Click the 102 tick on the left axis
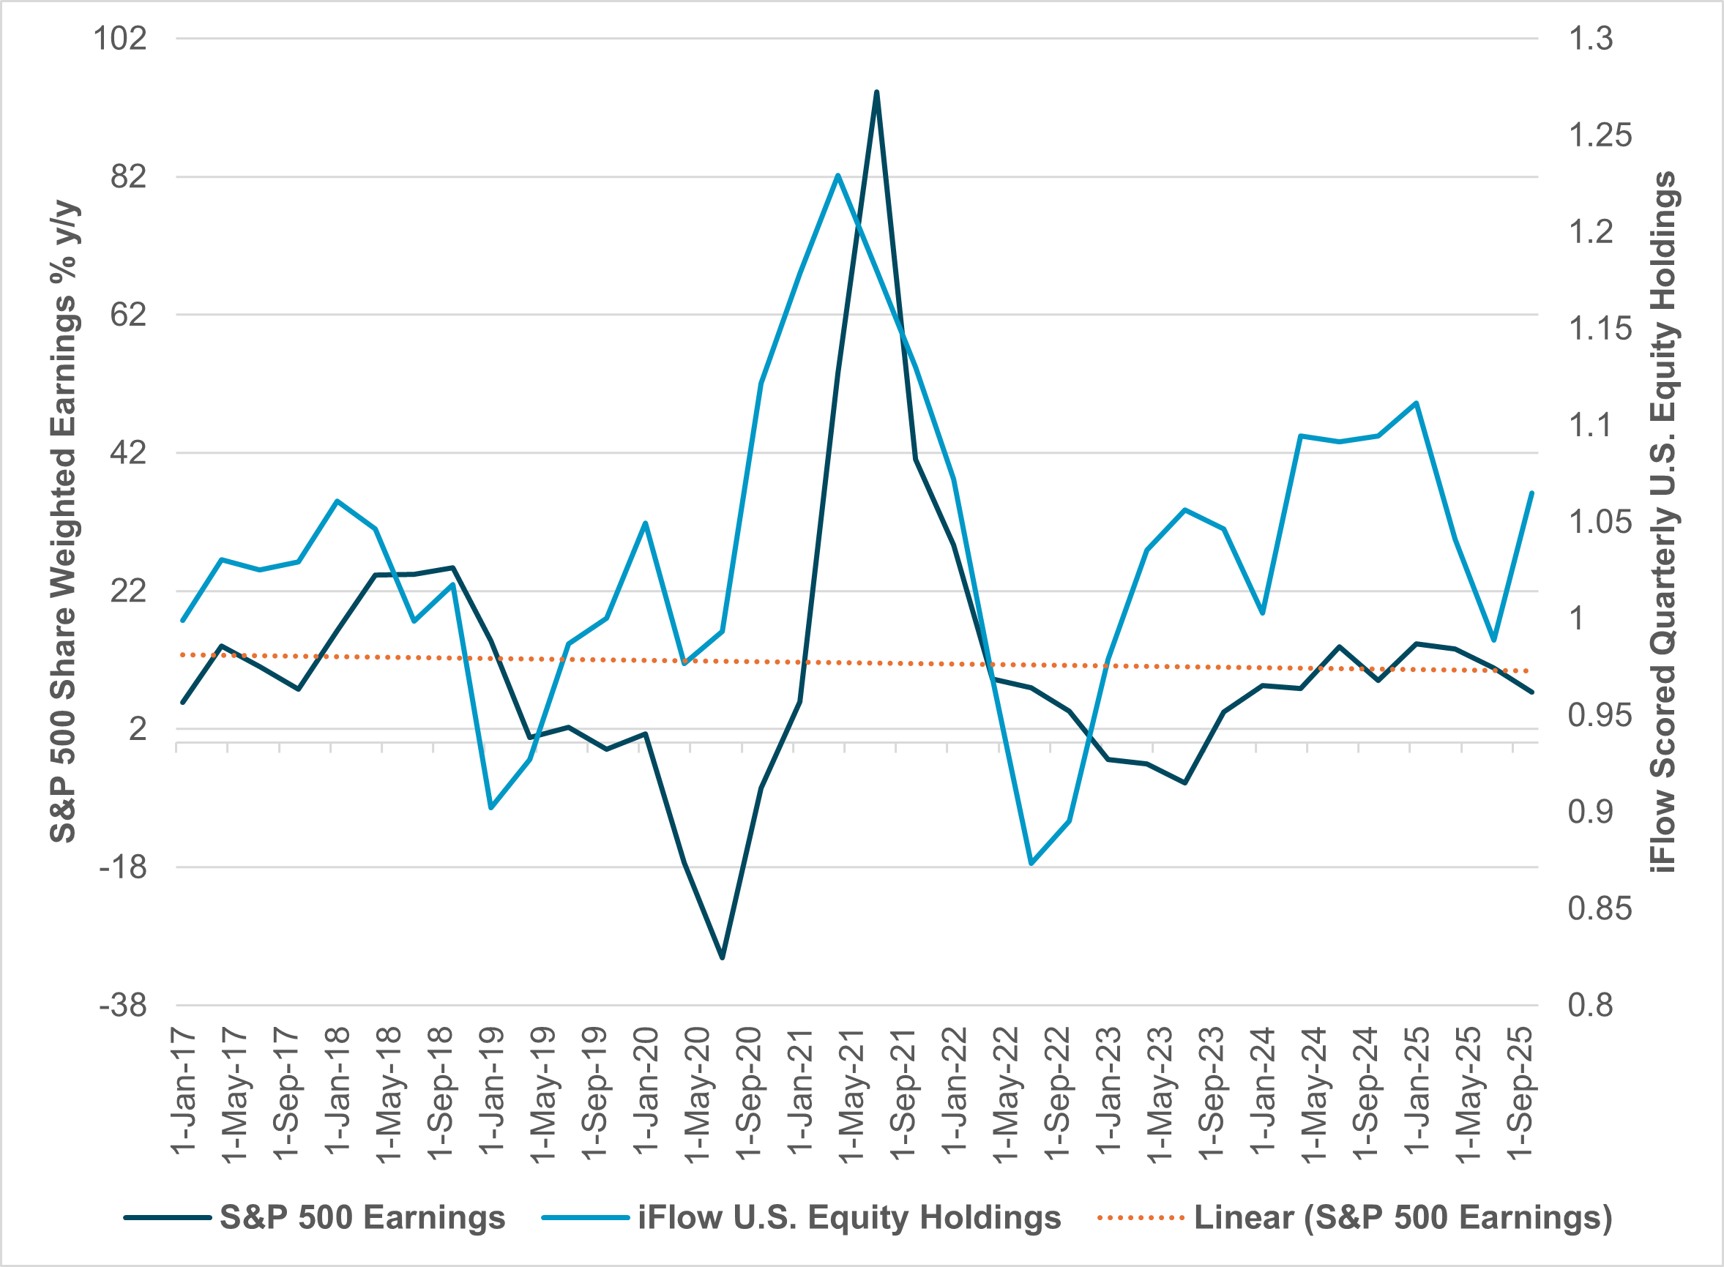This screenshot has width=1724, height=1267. point(119,38)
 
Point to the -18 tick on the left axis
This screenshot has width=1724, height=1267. point(123,867)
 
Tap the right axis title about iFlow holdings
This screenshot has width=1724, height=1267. point(1664,522)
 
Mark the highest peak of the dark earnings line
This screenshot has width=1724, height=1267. point(876,92)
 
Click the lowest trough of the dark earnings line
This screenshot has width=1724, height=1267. point(722,958)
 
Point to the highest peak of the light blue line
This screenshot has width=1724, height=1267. point(838,175)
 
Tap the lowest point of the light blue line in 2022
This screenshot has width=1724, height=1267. point(1031,864)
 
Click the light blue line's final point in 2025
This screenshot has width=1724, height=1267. point(1531,493)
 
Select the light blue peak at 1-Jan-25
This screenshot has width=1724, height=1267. point(1416,403)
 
